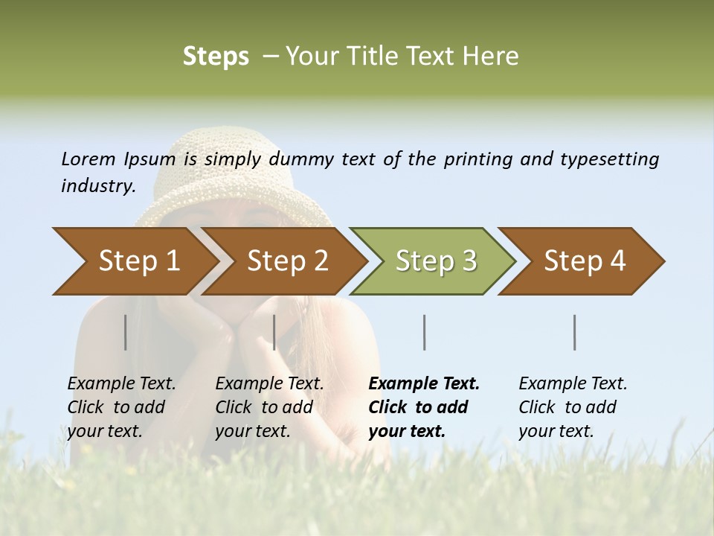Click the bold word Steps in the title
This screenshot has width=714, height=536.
pyautogui.click(x=216, y=57)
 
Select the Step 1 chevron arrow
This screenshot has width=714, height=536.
pyautogui.click(x=131, y=261)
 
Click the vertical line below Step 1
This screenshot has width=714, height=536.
pyautogui.click(x=126, y=332)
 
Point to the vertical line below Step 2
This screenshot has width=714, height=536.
pyautogui.click(x=274, y=332)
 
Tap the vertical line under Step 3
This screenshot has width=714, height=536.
pyautogui.click(x=425, y=332)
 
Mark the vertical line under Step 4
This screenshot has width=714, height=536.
pyautogui.click(x=575, y=332)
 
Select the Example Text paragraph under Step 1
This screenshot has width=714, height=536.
pyautogui.click(x=120, y=407)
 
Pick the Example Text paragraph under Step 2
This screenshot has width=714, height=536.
pyautogui.click(x=268, y=407)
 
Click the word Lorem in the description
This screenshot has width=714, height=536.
pyautogui.click(x=89, y=159)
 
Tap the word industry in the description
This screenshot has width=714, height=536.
pyautogui.click(x=97, y=186)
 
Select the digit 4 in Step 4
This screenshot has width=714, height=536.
pyautogui.click(x=617, y=261)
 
